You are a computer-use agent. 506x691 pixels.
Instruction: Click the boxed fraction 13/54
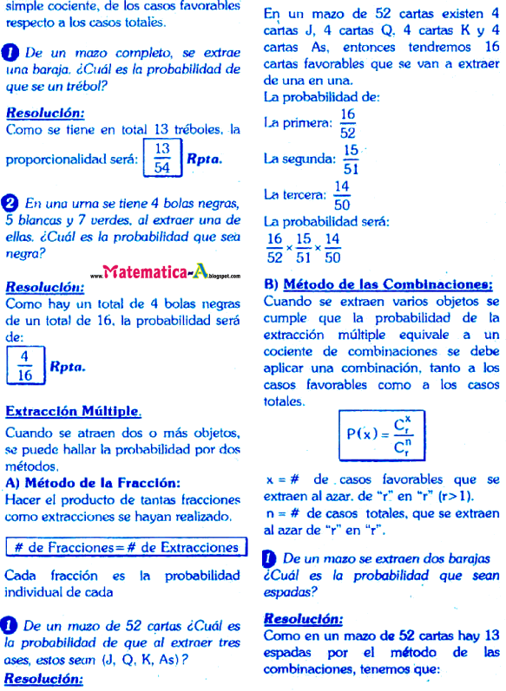161,159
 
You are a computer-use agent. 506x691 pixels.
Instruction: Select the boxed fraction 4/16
24,366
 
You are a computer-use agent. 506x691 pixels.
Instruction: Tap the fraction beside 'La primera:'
348,124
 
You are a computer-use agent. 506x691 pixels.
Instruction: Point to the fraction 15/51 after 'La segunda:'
351,160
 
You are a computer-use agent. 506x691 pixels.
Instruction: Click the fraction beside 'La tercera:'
342,196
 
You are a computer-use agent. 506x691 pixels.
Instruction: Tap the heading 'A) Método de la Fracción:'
93,483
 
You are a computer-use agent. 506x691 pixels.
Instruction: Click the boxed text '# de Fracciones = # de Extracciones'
126,547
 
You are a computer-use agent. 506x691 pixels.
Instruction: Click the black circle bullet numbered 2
12,204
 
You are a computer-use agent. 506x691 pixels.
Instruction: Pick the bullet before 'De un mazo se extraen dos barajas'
270,559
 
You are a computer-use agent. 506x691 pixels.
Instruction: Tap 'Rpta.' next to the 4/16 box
69,367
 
